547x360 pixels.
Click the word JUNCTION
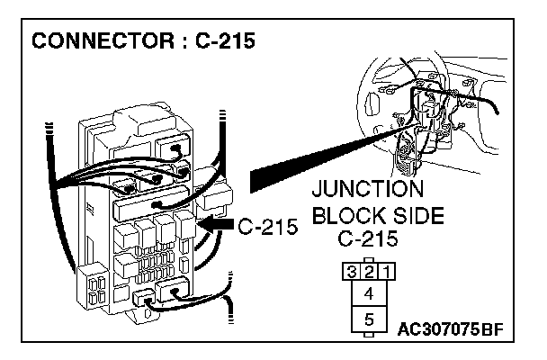(366, 190)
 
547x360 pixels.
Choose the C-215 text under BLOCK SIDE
(367, 240)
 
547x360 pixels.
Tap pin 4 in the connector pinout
(369, 293)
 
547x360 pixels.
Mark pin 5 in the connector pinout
(369, 319)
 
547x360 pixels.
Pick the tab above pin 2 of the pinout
(369, 259)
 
